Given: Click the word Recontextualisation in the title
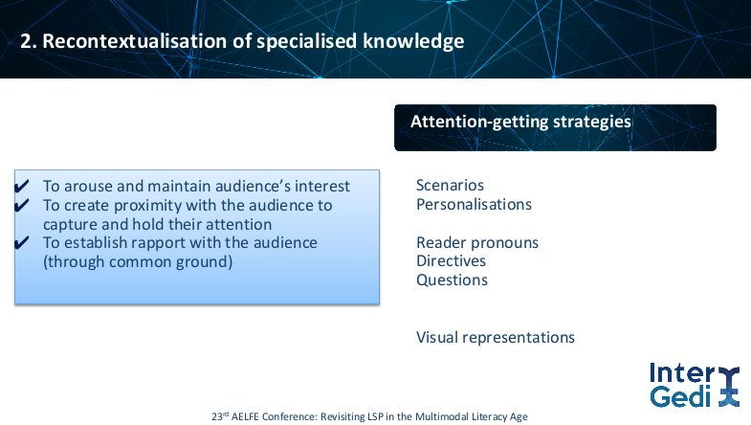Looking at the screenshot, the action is point(135,41).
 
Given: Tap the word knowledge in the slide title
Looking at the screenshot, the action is point(413,42).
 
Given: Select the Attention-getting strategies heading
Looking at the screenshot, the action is point(520,122).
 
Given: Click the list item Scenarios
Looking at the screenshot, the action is point(450,185).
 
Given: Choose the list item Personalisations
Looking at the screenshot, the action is point(474,205).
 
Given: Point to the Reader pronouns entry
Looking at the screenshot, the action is point(477,243).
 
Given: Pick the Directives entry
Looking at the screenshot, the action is point(451,261).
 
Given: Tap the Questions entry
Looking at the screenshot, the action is point(452,280).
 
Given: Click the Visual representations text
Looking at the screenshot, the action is point(496,338).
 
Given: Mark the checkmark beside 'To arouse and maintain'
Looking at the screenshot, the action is point(22,186).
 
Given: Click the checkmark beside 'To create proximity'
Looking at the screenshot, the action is point(22,205).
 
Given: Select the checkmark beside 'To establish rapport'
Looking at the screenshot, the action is point(22,242).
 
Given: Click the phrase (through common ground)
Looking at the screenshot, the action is point(138,262).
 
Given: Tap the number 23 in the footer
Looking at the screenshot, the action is point(217,416).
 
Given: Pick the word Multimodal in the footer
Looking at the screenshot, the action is point(437,416).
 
